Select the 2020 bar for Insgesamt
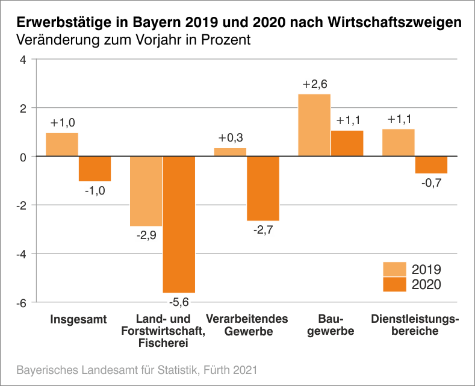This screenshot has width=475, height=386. tap(95, 169)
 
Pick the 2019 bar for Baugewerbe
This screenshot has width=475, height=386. tap(314, 125)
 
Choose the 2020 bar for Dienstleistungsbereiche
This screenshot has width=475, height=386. tap(431, 165)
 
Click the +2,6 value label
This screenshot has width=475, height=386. tap(314, 84)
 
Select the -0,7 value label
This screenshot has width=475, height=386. tap(431, 182)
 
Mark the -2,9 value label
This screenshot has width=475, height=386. tap(146, 235)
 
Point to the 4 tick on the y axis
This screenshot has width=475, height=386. tap(23, 60)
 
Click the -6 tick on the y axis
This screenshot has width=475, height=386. tap(21, 302)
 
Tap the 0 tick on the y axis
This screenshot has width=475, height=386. tap(23, 157)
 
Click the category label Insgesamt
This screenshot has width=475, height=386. tap(78, 319)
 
